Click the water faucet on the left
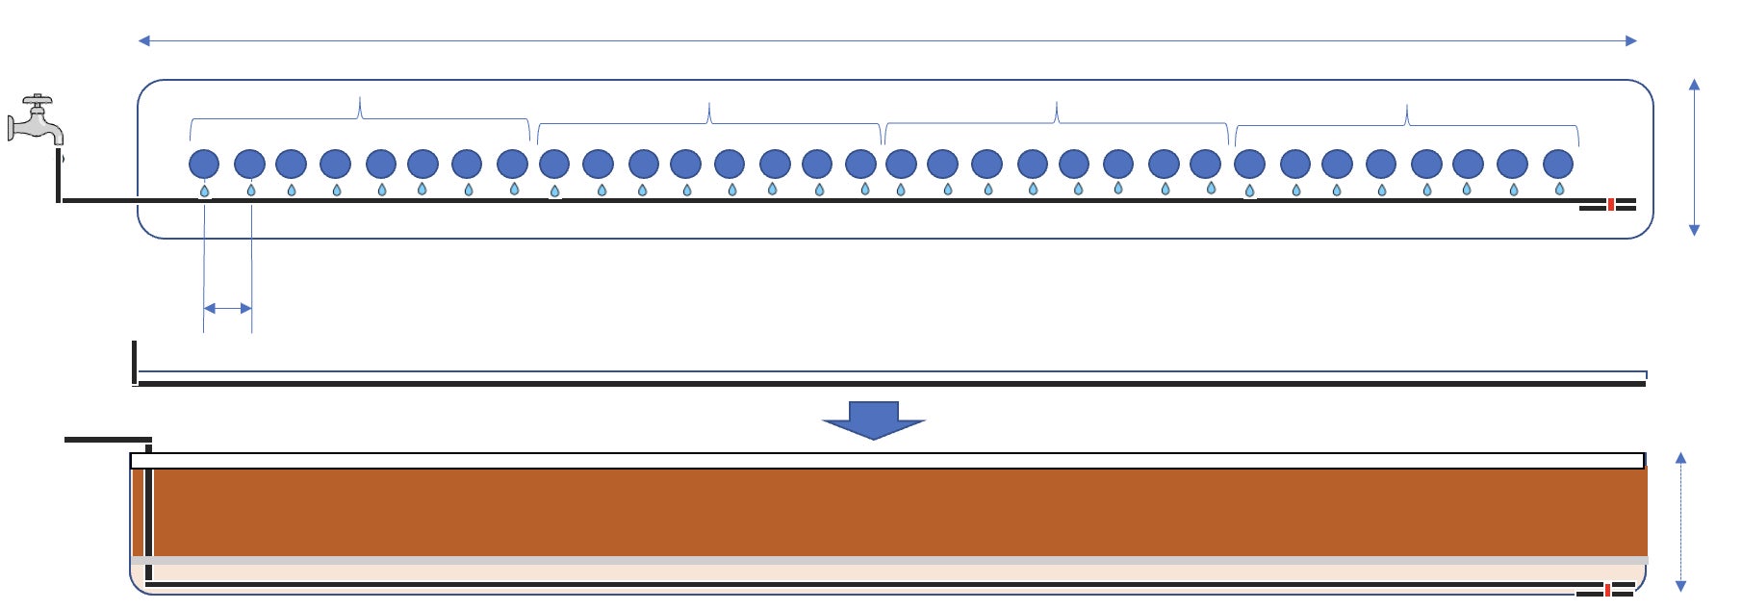coord(35,121)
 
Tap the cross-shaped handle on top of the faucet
coord(38,99)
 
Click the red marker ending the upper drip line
coord(1610,204)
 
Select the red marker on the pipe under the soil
coord(1607,590)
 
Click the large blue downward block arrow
coord(874,419)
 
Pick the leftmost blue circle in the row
coord(204,164)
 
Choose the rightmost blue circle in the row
coord(1557,164)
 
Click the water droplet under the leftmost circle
coord(204,191)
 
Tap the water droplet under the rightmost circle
coord(1559,190)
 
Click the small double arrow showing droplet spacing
coord(228,308)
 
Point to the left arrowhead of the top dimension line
coord(144,40)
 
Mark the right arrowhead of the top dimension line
coord(1631,40)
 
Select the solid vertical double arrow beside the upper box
coord(1694,157)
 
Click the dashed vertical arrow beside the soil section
coord(1680,521)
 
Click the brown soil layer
coord(895,512)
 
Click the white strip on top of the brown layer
coord(885,461)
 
